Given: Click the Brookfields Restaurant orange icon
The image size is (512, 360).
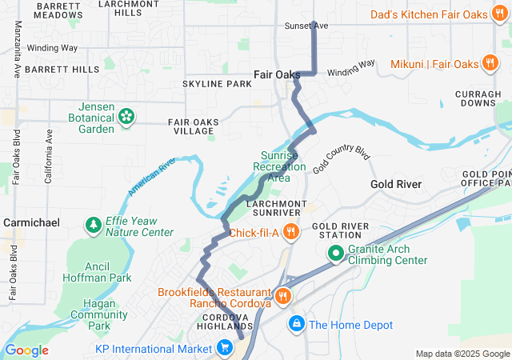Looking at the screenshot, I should [x=282, y=298].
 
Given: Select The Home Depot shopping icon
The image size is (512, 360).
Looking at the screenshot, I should [x=296, y=324].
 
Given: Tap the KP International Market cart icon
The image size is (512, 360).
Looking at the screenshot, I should [x=226, y=349].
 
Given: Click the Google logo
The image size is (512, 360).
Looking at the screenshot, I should [x=26, y=350].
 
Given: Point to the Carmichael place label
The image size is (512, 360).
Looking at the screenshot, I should [x=31, y=222].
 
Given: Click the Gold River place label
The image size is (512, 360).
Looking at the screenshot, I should [x=396, y=184].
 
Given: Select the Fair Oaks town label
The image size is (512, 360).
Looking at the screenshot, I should [x=277, y=74].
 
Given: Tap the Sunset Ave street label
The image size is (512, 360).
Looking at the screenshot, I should [x=306, y=26].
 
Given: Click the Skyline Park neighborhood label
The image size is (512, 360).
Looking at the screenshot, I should [x=217, y=84].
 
